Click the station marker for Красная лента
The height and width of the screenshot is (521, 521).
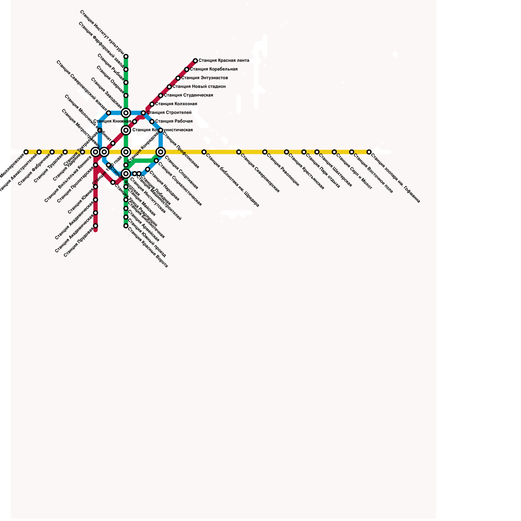click(195, 61)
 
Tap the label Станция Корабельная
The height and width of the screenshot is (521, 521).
click(214, 69)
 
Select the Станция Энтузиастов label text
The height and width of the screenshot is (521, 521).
click(204, 78)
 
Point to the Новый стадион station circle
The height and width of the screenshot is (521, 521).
click(169, 87)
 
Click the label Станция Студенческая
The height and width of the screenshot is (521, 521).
click(188, 95)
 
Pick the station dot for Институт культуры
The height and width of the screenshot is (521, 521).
click(126, 57)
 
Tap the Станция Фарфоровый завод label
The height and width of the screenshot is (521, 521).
click(101, 45)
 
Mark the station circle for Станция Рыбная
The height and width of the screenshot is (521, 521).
click(126, 83)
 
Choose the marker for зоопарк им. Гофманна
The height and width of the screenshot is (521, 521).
click(369, 152)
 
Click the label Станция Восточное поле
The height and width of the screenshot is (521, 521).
click(373, 174)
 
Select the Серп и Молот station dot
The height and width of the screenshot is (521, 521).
click(334, 152)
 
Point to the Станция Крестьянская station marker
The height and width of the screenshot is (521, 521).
click(287, 152)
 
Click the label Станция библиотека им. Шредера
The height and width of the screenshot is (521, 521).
click(232, 180)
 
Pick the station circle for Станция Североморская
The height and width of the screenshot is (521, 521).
click(239, 152)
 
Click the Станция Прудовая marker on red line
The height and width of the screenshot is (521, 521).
click(95, 226)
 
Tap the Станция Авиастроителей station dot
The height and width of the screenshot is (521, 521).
click(39, 152)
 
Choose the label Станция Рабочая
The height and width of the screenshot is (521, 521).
click(174, 121)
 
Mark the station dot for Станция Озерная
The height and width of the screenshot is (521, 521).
click(126, 96)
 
